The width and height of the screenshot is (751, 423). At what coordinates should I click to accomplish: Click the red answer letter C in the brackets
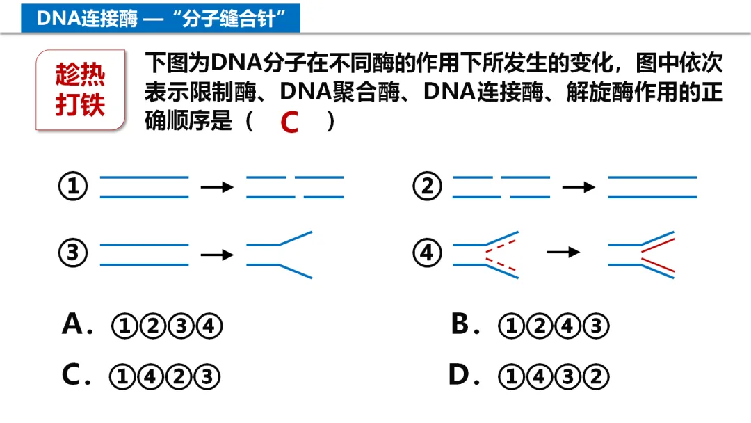[x=289, y=123]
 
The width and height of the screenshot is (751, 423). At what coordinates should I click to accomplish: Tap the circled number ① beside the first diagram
[x=74, y=186]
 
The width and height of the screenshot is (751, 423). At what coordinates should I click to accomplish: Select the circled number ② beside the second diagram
[x=427, y=186]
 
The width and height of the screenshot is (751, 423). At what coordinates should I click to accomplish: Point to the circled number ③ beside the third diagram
[x=74, y=253]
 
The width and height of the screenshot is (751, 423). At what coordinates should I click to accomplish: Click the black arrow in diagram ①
[x=216, y=186]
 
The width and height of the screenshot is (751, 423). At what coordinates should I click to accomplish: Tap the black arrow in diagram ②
[x=579, y=186]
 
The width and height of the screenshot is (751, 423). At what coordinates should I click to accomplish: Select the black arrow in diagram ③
[x=216, y=255]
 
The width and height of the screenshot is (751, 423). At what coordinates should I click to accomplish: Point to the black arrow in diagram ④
[x=563, y=252]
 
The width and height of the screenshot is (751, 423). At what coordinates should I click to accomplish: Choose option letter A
[x=73, y=324]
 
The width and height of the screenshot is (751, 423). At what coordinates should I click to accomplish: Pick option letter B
[x=461, y=324]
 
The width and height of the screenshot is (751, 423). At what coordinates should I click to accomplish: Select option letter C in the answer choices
[x=72, y=376]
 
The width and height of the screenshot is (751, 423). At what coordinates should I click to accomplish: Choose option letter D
[x=461, y=376]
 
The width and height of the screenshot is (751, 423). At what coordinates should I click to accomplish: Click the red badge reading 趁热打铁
[x=81, y=90]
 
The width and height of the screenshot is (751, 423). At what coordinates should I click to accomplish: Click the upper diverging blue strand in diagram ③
[x=295, y=238]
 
